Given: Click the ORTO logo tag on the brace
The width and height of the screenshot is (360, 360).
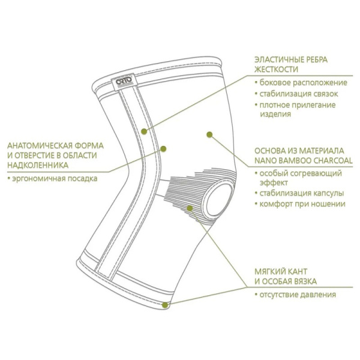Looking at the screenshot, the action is tap(124, 82).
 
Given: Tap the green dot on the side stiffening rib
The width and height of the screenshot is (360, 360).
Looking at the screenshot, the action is tap(144, 131).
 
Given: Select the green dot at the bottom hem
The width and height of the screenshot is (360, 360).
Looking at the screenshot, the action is tap(165, 305).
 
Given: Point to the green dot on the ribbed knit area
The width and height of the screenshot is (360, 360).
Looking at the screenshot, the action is tap(190, 208).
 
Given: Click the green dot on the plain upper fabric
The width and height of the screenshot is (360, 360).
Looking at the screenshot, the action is tap(209, 134).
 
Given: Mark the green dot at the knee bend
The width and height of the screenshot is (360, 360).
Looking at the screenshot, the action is tap(163, 149).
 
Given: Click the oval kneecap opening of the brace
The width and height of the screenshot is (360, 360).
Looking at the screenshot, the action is tap(218, 199).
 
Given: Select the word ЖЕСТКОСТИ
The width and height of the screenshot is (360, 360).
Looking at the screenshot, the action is tap(276, 69).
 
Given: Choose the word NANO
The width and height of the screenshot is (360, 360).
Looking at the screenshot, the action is tap(265, 160).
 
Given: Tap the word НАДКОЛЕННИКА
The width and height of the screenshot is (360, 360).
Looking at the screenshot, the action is tap(38, 165).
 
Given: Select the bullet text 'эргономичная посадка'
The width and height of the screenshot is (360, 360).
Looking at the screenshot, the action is tap(55, 178).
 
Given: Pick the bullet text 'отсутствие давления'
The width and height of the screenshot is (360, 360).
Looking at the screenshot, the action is tap(298, 295).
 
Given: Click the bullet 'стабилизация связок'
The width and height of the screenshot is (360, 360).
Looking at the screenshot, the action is tap(299, 94).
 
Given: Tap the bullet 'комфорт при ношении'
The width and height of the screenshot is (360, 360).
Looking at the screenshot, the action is tap(302, 203).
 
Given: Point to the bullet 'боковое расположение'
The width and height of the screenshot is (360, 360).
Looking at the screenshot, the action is tap(303, 82).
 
